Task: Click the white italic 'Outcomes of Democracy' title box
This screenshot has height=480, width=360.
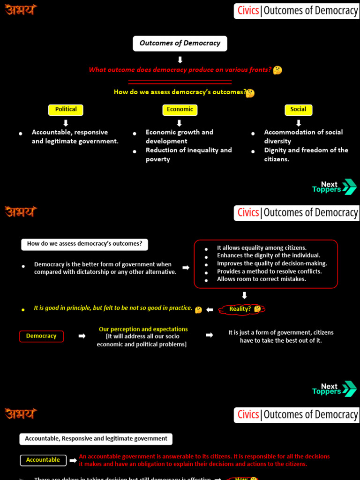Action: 180,43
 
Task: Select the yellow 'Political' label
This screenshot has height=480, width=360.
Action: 66,110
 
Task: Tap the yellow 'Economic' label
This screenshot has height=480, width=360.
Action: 180,110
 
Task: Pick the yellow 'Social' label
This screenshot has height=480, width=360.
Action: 298,110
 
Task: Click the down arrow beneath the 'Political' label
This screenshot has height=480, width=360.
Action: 66,123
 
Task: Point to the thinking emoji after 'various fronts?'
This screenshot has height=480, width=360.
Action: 277,70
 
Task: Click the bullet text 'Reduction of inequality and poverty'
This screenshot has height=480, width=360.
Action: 188,155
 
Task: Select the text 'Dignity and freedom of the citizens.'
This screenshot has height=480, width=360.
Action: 306,155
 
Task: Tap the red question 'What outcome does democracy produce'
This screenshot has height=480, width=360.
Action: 180,70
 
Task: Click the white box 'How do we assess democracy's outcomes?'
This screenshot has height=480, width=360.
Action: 84,244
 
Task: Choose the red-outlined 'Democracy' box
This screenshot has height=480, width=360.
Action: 41,336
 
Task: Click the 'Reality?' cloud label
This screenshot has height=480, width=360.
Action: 240,309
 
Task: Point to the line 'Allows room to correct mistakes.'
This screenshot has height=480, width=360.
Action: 261,279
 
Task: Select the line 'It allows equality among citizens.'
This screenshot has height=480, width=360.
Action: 262,248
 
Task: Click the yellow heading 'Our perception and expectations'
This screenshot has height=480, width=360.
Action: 143,329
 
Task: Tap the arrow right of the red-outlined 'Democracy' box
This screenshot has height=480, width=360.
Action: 82,336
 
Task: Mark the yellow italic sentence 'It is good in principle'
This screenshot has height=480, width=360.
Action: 113,308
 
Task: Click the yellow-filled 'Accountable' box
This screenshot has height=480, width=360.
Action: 43,460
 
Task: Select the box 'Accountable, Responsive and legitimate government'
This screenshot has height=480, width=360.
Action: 96,439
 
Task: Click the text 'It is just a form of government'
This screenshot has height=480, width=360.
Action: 281,337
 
